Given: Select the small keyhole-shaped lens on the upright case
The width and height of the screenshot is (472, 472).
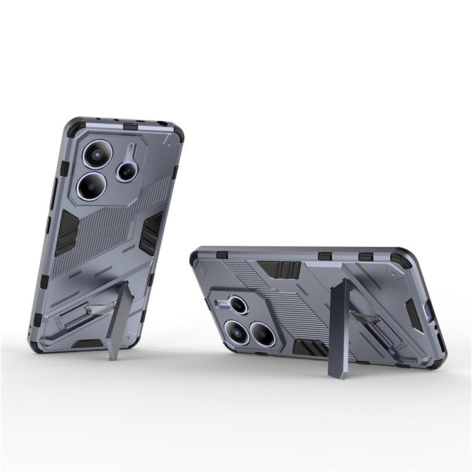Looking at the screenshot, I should pyautogui.click(x=128, y=169).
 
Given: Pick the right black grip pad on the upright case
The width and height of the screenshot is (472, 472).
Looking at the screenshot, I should pyautogui.click(x=150, y=233).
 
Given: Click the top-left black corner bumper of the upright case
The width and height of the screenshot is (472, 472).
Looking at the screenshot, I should pyautogui.click(x=74, y=128).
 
